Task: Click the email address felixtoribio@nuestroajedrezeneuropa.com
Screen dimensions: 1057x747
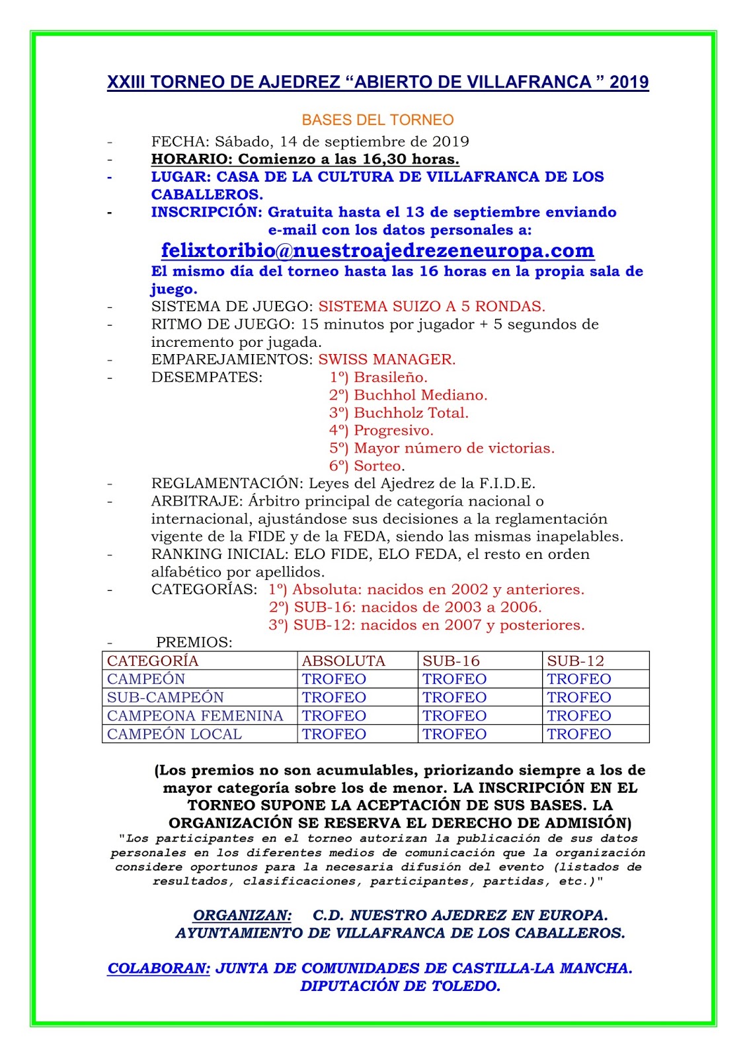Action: (377, 251)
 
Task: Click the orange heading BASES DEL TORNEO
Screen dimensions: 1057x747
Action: (377, 120)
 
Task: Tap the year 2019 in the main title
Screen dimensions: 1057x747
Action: (629, 83)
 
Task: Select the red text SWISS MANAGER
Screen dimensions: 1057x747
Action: (387, 360)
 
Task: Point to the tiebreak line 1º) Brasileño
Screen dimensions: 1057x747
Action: (378, 378)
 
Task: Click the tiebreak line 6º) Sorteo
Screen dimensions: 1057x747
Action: (367, 466)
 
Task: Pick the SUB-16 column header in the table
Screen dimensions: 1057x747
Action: (451, 661)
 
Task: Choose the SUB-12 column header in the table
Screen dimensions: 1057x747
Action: (575, 661)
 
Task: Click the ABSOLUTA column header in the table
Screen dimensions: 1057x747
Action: (343, 661)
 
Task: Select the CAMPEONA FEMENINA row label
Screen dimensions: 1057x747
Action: (195, 716)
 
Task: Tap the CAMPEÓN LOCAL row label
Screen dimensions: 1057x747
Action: (175, 735)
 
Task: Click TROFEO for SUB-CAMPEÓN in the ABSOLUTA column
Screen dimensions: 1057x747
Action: (334, 698)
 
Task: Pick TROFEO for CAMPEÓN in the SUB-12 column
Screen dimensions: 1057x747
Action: (579, 679)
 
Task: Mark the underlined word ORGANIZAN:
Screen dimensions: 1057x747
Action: (242, 916)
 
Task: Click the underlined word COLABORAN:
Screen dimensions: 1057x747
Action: (159, 968)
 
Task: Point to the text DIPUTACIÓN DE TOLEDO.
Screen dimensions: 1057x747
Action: (400, 986)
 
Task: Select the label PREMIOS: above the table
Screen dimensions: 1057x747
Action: (194, 643)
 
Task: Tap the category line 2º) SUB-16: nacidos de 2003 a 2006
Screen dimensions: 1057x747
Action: (405, 608)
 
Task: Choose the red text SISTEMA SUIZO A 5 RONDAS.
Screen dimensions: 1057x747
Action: (432, 307)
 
